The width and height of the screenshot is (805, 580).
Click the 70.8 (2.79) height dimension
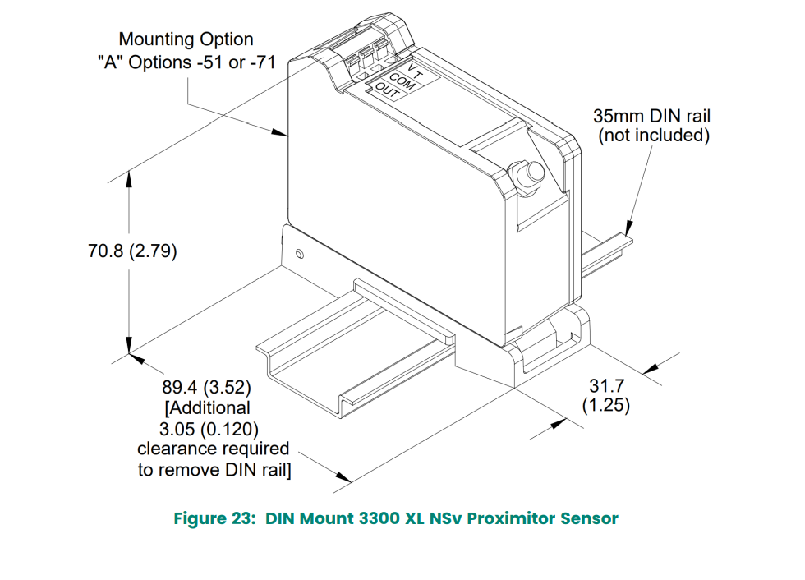[132, 251]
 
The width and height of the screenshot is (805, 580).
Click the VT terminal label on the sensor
[414, 71]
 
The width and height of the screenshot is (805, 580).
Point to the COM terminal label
[402, 81]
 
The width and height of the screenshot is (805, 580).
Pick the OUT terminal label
[387, 91]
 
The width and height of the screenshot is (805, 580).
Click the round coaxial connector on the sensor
[527, 174]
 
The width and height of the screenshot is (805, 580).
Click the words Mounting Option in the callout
[186, 39]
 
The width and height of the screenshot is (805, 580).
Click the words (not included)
[653, 136]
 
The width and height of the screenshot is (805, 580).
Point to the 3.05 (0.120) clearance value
[209, 428]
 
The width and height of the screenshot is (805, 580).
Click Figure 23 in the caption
[215, 518]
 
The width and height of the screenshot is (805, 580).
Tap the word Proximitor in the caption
[513, 518]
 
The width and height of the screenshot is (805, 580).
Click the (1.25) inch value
[606, 404]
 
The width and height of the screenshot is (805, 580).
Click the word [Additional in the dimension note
[208, 407]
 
